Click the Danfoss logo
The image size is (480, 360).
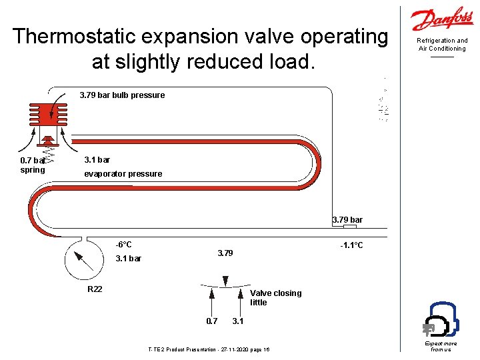pos(442,20)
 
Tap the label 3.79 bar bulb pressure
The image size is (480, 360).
pos(122,95)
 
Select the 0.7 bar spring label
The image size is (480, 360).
pos(33,165)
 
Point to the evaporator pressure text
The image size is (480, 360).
pos(123,174)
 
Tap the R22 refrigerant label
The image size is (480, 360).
pos(95,289)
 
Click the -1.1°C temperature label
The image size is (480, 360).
pos(351,245)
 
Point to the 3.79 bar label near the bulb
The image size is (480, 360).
pos(347,220)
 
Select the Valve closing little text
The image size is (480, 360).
pos(275,297)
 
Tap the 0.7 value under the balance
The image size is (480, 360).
pos(211,321)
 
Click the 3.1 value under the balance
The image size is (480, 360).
pos(238,321)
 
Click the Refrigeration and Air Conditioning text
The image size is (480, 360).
pos(442,45)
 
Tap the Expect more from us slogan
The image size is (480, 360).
pos(441,346)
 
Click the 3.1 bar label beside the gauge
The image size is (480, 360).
pos(128,259)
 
